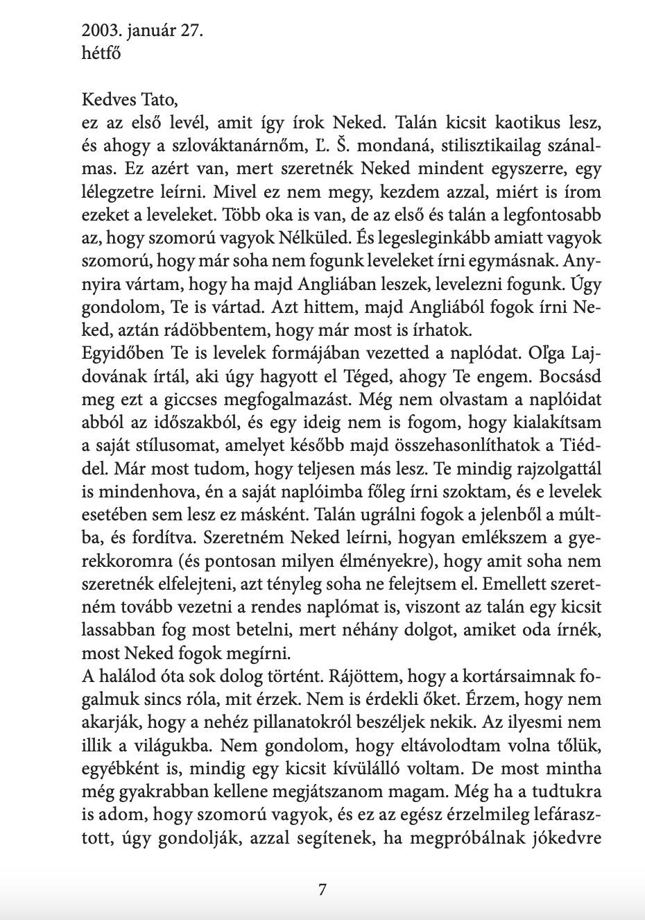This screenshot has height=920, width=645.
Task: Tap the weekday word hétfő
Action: pyautogui.click(x=101, y=53)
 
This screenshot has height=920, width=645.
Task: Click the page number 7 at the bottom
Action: pyautogui.click(x=322, y=889)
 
